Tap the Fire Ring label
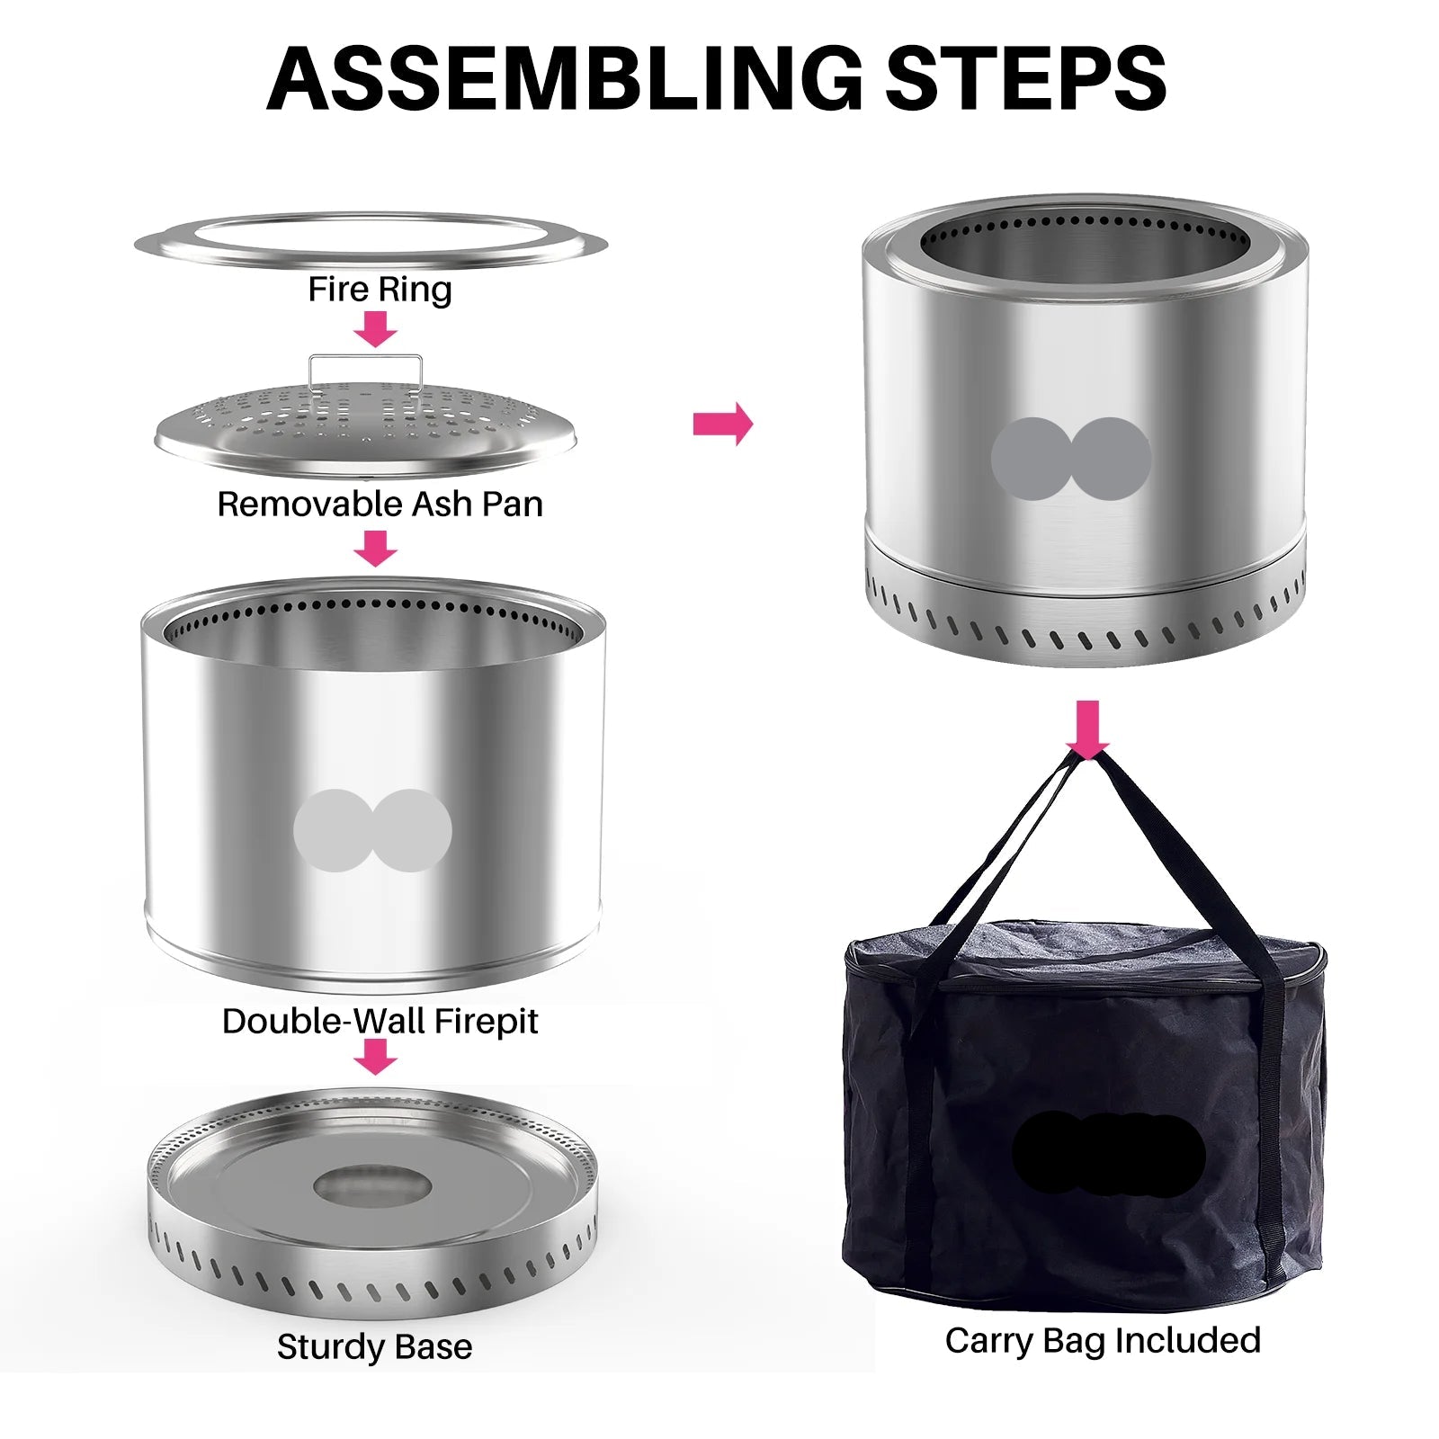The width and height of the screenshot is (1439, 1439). click(380, 290)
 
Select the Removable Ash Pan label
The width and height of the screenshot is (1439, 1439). click(380, 504)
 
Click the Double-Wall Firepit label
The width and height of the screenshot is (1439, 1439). click(380, 1021)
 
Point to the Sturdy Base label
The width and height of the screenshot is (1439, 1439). click(374, 1346)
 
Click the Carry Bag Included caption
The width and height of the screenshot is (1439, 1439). click(1103, 1340)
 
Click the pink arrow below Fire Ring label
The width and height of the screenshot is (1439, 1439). click(375, 329)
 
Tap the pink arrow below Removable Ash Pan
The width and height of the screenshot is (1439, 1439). click(375, 548)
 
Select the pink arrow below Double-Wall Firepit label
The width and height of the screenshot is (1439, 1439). click(375, 1056)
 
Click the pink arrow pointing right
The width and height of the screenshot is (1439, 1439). click(723, 424)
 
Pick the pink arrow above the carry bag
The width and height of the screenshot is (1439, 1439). click(1087, 729)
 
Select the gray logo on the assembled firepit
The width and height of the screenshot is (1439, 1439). click(1071, 459)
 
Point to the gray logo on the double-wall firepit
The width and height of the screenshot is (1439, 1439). click(372, 830)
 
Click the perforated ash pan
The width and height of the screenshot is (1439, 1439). click(365, 427)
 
